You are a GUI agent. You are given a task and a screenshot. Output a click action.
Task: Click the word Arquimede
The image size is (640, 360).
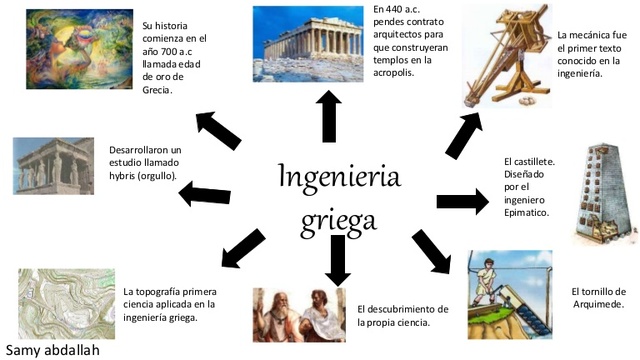(x=597, y=303)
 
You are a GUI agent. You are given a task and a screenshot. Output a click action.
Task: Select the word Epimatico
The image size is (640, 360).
(x=532, y=213)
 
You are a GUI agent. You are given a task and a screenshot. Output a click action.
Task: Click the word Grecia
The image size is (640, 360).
(x=157, y=89)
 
